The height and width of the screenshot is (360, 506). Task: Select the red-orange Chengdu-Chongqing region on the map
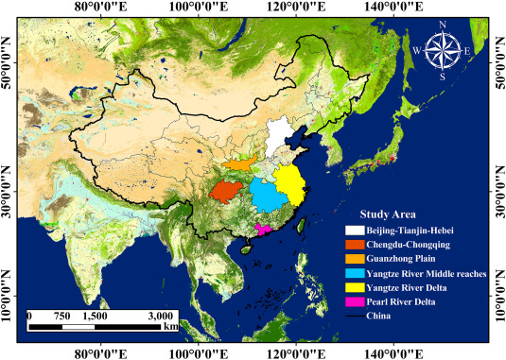[225, 191]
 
